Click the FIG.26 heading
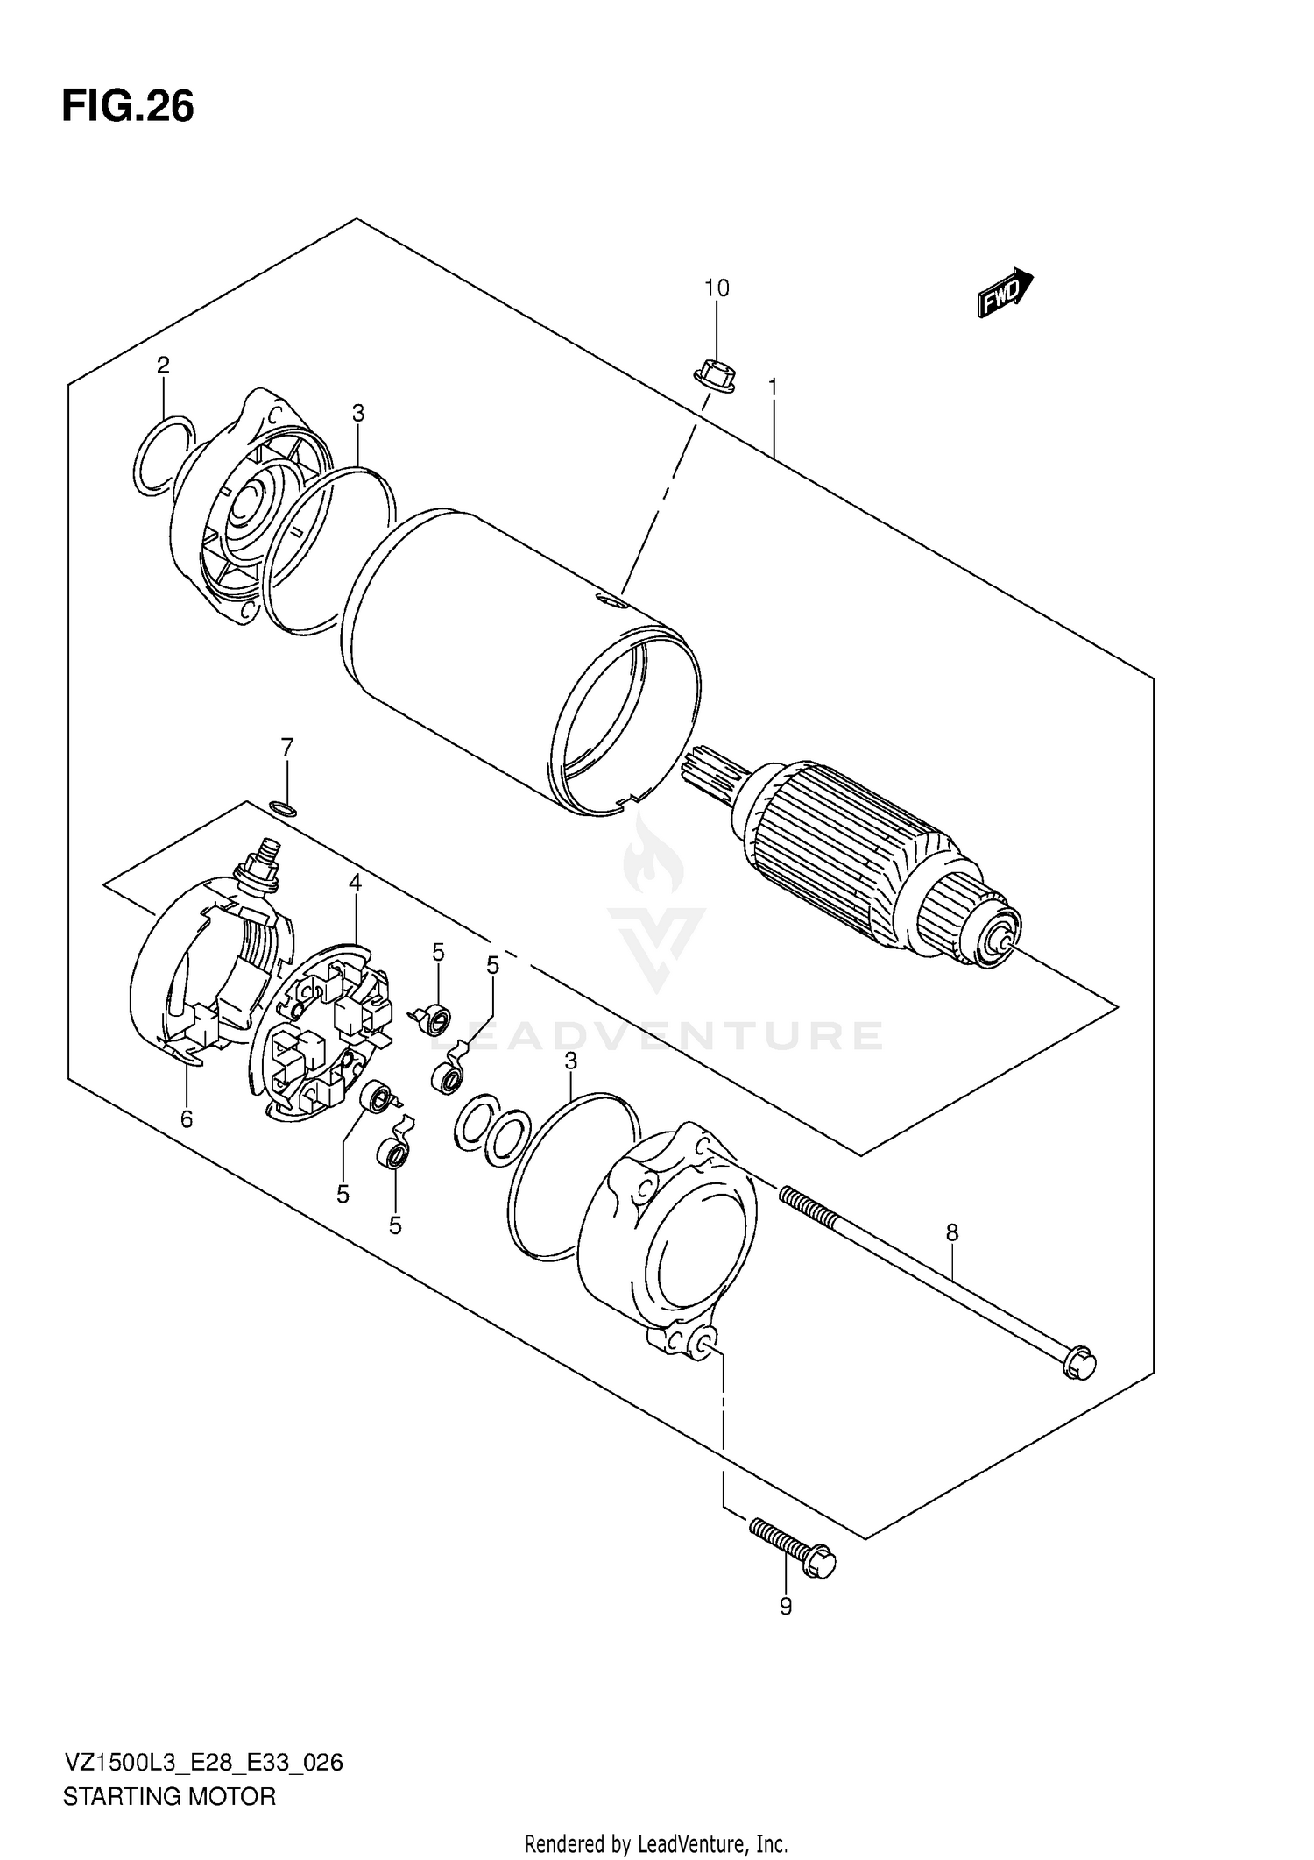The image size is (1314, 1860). point(128,106)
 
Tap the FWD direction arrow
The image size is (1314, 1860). point(1005,292)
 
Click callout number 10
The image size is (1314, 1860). point(716,288)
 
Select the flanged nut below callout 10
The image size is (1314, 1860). point(715,376)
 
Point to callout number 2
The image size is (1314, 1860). point(163,365)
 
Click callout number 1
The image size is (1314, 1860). point(773,387)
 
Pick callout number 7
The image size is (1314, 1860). point(286,748)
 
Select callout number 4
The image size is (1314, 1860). point(355,883)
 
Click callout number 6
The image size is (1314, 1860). point(187,1119)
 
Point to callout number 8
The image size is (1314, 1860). point(952,1232)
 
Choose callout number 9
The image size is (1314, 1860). point(785,1607)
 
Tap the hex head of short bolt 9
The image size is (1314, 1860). point(822,1563)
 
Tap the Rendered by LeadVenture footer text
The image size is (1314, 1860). point(656,1843)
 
